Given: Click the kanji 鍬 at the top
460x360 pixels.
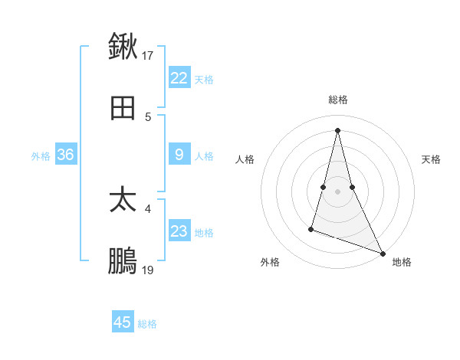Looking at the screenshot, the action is (x=123, y=46).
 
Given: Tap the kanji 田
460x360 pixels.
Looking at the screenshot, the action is (x=123, y=109).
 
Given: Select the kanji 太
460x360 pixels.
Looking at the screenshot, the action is (x=123, y=200).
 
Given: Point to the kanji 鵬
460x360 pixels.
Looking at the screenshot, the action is (x=123, y=262).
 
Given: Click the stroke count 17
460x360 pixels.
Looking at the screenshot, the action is (x=148, y=55).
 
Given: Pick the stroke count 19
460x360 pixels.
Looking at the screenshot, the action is (x=148, y=270).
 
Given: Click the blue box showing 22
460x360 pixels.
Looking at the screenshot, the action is (x=179, y=77).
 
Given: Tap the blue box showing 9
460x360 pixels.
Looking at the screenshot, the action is (x=179, y=155).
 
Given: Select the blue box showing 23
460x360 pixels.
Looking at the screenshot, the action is (x=179, y=231).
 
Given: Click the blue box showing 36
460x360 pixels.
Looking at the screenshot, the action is (x=65, y=155).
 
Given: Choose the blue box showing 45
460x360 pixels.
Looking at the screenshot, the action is (x=123, y=322).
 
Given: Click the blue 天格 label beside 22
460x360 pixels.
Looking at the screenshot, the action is (x=204, y=79).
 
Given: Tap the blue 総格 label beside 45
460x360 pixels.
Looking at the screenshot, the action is (x=147, y=324).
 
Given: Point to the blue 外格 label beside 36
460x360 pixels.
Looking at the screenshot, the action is (x=41, y=156).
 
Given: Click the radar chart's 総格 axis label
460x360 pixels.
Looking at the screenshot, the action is (x=338, y=100).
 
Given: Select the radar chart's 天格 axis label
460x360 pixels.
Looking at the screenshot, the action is (x=432, y=159).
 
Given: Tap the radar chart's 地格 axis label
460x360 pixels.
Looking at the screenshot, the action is (x=402, y=262).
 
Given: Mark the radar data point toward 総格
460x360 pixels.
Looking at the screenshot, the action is (x=338, y=129).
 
